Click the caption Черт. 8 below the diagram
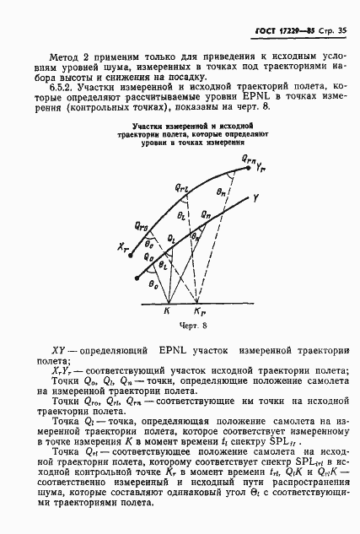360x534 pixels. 179,323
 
